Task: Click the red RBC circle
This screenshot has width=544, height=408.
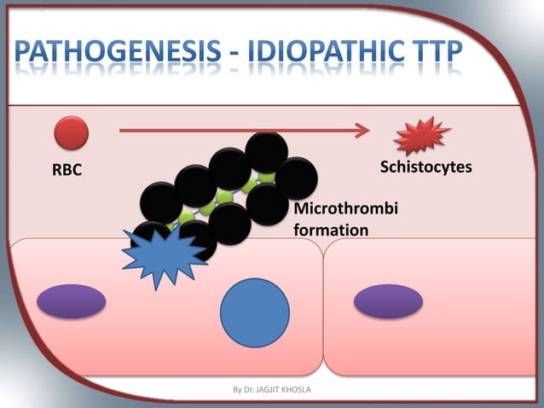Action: coord(72,133)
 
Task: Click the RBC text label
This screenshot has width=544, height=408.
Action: coord(67,170)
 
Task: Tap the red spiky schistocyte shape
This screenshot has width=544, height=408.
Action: coord(421,136)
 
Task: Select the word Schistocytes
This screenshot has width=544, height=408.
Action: coord(425,166)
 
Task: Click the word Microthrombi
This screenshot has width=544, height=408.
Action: coord(345,210)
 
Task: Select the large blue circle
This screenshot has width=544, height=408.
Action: coord(255,312)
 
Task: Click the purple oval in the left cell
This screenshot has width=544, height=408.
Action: coord(72,301)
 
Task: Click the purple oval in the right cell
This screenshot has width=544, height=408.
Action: coord(388,301)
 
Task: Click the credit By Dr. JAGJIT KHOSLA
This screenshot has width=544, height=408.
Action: coord(273,391)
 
